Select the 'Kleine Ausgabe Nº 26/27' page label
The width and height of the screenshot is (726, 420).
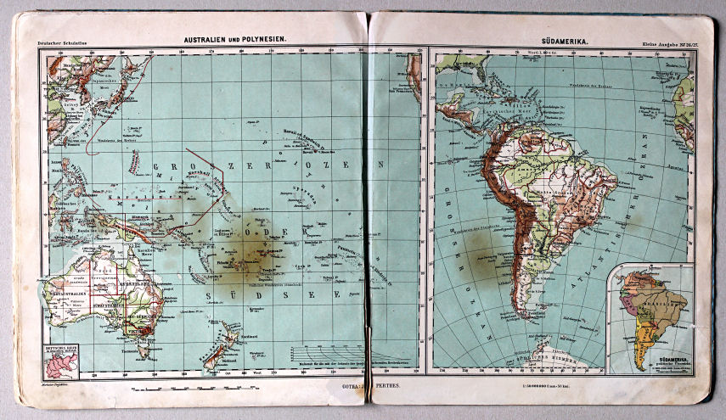(x=666, y=42)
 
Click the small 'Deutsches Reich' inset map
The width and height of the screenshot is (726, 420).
(x=61, y=361)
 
